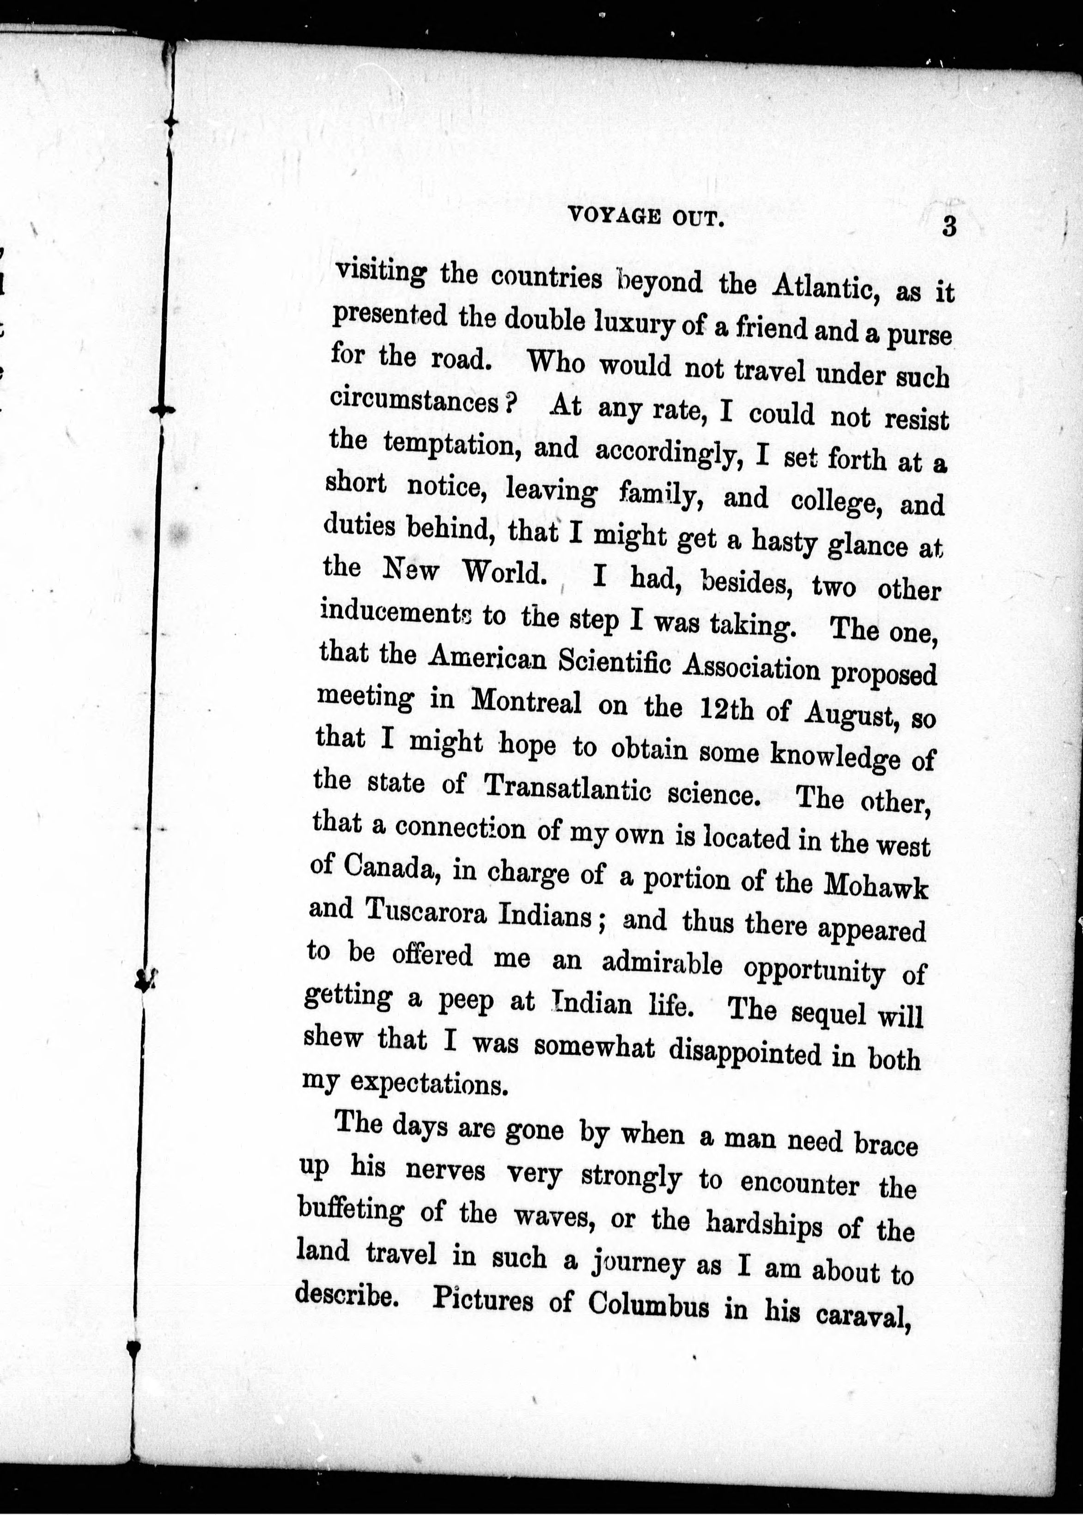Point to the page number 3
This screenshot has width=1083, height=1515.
pyautogui.click(x=949, y=227)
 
